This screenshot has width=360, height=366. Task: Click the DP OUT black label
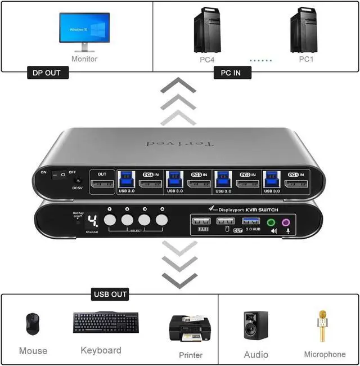coord(47,73)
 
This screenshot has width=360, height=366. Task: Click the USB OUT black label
coord(110,294)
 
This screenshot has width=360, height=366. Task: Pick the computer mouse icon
coord(33,324)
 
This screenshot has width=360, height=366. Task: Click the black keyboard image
coord(105,322)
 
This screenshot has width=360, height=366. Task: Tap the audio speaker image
coord(255,325)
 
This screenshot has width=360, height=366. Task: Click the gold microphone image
coord(323,325)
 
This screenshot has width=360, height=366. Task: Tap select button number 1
coord(111,220)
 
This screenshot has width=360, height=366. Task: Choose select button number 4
coord(163,220)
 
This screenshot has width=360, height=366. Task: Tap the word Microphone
coord(325,354)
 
